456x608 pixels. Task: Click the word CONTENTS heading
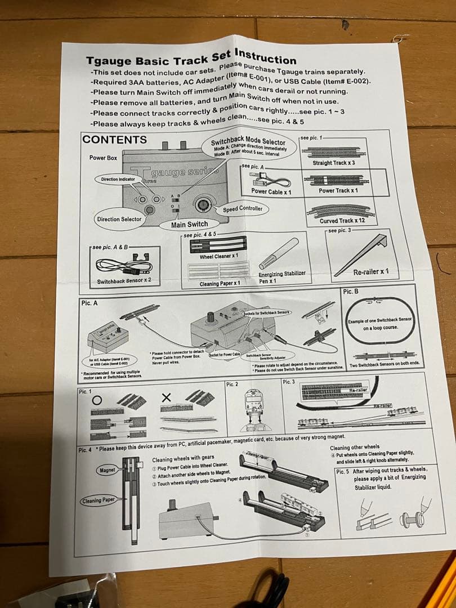(115, 140)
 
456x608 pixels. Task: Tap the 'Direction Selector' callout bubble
(119, 219)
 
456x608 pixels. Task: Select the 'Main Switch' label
(190, 224)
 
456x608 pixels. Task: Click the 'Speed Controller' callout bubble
(243, 208)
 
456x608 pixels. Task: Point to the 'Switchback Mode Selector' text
(248, 141)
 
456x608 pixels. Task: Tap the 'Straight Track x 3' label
(334, 163)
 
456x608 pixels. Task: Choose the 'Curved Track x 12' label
(342, 221)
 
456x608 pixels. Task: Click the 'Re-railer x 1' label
(371, 272)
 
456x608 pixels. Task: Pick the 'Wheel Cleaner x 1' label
(220, 257)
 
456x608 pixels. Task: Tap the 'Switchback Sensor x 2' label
(124, 280)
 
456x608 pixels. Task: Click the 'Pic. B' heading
(350, 291)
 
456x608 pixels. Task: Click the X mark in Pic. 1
(166, 398)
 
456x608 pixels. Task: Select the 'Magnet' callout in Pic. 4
(107, 470)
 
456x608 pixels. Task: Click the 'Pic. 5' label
(342, 471)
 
